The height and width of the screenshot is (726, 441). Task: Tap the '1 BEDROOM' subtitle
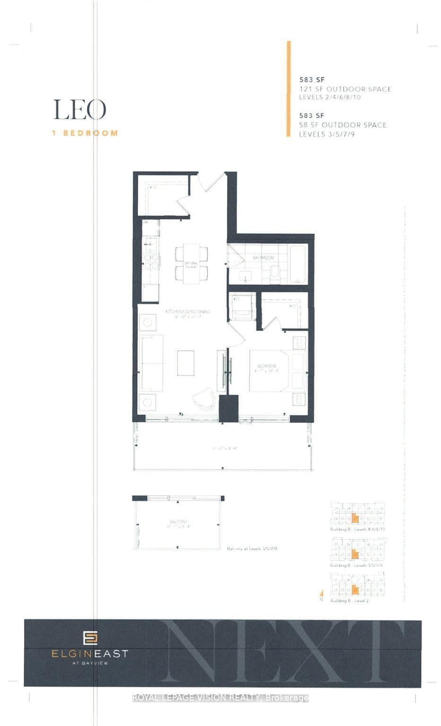(x=85, y=133)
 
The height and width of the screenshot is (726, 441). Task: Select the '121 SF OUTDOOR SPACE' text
(x=345, y=89)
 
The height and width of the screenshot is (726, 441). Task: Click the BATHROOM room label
(x=263, y=258)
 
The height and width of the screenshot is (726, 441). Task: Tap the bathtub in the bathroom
(x=298, y=264)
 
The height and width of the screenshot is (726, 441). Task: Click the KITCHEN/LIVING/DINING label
(x=187, y=312)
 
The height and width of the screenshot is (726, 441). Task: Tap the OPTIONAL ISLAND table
(x=191, y=265)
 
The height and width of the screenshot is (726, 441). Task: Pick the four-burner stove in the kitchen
(x=151, y=261)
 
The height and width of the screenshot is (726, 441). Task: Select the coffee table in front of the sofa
(x=186, y=363)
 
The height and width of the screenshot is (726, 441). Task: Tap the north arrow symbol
(x=321, y=594)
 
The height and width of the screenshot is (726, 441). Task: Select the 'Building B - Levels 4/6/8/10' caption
(x=357, y=529)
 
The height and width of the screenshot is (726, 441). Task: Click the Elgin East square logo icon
(x=89, y=638)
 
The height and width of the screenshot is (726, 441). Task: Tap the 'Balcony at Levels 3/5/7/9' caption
(x=258, y=549)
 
